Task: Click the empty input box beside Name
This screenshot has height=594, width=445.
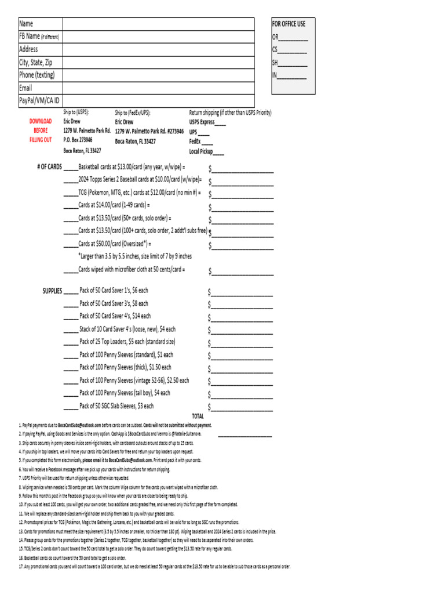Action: (158, 24)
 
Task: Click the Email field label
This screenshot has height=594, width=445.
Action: (25, 88)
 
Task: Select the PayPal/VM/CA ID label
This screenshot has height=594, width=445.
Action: (39, 101)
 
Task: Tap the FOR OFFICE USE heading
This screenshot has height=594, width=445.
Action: (289, 24)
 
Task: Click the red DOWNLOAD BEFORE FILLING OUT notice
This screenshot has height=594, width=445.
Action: (41, 131)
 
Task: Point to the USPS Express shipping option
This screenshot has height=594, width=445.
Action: (207, 122)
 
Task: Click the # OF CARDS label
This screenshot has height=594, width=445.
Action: (49, 167)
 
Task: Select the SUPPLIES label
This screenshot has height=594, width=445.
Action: (52, 291)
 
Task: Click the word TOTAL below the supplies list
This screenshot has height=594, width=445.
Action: (198, 416)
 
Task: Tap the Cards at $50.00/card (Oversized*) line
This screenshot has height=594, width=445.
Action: (114, 244)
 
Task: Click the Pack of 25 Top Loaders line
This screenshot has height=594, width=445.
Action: (127, 342)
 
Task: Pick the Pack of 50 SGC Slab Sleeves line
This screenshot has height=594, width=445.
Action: (116, 406)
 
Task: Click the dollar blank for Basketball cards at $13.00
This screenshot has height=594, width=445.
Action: (242, 169)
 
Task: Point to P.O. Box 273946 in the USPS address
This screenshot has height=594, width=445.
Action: (78, 140)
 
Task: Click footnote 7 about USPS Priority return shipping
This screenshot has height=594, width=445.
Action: (75, 478)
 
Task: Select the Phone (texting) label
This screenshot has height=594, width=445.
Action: (37, 75)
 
